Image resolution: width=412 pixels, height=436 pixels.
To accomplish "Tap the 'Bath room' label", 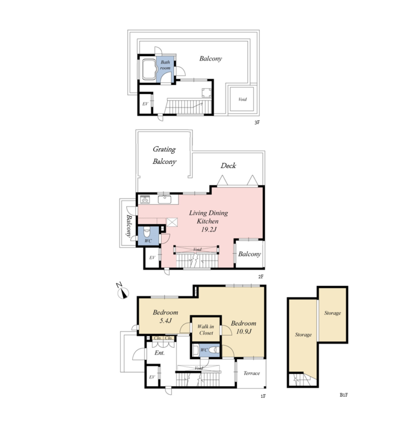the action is [165, 65].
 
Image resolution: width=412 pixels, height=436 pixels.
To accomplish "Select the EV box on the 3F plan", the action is [145, 103].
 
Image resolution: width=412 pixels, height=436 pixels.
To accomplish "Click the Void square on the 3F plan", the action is [242, 99].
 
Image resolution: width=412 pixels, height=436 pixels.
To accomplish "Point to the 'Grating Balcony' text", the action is [164, 155].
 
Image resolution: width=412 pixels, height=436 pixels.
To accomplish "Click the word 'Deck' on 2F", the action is [228, 166].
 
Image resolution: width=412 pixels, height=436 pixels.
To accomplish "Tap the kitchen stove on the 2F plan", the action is [145, 199].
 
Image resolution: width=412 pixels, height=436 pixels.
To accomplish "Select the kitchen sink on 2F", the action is [164, 199].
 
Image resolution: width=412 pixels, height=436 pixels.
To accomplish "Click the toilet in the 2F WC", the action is [147, 231].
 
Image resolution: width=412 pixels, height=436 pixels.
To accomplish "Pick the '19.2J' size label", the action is [209, 229].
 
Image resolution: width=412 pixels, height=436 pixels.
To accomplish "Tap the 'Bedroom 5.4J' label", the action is [165, 316].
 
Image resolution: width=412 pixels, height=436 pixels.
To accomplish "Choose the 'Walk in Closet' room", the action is [206, 329].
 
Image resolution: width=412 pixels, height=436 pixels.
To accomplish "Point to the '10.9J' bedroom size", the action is [244, 331].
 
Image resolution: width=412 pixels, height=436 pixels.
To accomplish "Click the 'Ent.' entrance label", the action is [159, 353].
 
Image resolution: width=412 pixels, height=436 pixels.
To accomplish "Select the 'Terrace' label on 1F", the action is [251, 373].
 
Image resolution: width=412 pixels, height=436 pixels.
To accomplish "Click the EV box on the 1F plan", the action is [152, 376].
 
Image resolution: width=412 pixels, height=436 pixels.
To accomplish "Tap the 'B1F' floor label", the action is [343, 395].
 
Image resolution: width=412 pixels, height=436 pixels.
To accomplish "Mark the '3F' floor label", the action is [257, 122].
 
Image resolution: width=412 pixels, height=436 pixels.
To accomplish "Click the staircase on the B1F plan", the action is [302, 380].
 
